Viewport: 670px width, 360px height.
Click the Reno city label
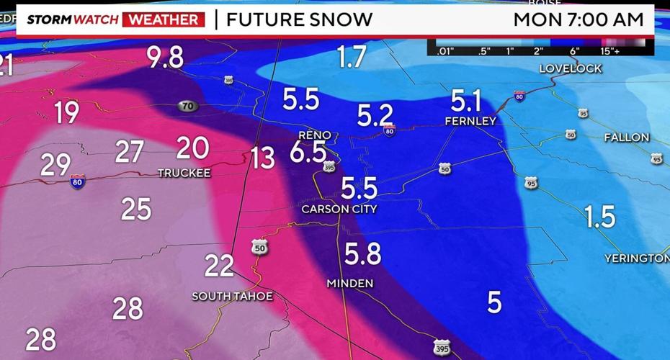(x=315, y=135)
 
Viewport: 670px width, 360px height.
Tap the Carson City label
(x=339, y=209)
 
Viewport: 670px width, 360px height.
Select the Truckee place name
(x=184, y=174)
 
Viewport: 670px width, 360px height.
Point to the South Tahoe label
(x=232, y=296)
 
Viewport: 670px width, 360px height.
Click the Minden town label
(x=350, y=283)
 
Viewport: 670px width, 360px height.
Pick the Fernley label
(x=470, y=121)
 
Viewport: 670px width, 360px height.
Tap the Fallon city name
(x=626, y=137)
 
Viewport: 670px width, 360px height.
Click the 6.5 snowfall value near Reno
(x=308, y=153)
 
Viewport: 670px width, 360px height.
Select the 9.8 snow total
(x=166, y=58)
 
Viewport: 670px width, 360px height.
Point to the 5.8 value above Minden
(x=362, y=254)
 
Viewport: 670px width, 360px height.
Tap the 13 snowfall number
(x=263, y=157)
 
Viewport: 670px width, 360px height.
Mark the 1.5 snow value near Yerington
(x=599, y=216)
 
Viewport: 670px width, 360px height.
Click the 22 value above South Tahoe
(x=219, y=266)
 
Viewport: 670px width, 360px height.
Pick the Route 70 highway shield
(x=187, y=106)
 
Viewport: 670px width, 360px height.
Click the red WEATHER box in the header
(x=164, y=19)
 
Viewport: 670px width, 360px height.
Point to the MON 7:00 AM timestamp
(x=578, y=19)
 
